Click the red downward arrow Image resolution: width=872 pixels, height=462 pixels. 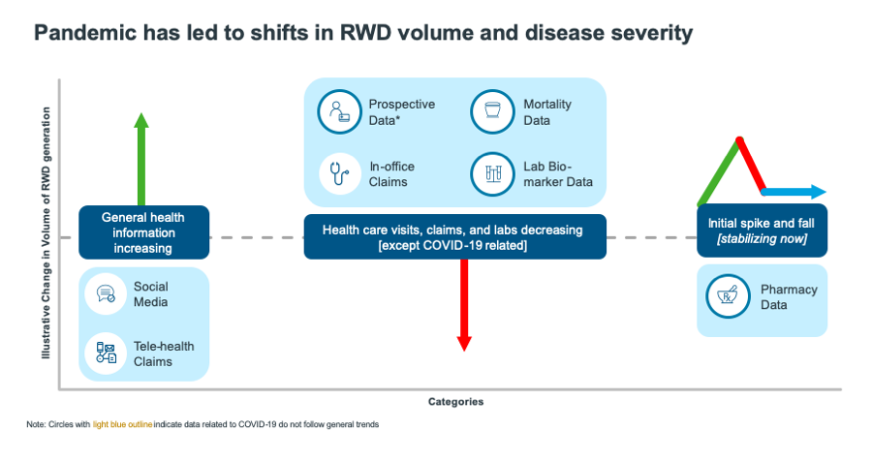[x=464, y=304]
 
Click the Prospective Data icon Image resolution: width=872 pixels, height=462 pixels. [x=338, y=111]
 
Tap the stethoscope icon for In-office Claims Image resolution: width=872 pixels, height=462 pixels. [x=338, y=173]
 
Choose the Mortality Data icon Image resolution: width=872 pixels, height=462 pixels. [x=491, y=111]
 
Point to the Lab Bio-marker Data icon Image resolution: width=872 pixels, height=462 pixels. [x=491, y=173]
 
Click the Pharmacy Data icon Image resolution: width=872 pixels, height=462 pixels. [x=726, y=296]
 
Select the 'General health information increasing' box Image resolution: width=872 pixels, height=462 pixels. [x=143, y=232]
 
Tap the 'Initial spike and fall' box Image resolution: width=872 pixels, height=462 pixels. [x=763, y=231]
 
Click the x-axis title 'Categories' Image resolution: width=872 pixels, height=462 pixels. [x=455, y=401]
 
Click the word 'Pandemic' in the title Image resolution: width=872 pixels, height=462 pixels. [x=82, y=33]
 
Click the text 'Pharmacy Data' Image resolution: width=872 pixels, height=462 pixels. [x=789, y=297]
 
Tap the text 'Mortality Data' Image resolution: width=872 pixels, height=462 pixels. [x=547, y=112]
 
